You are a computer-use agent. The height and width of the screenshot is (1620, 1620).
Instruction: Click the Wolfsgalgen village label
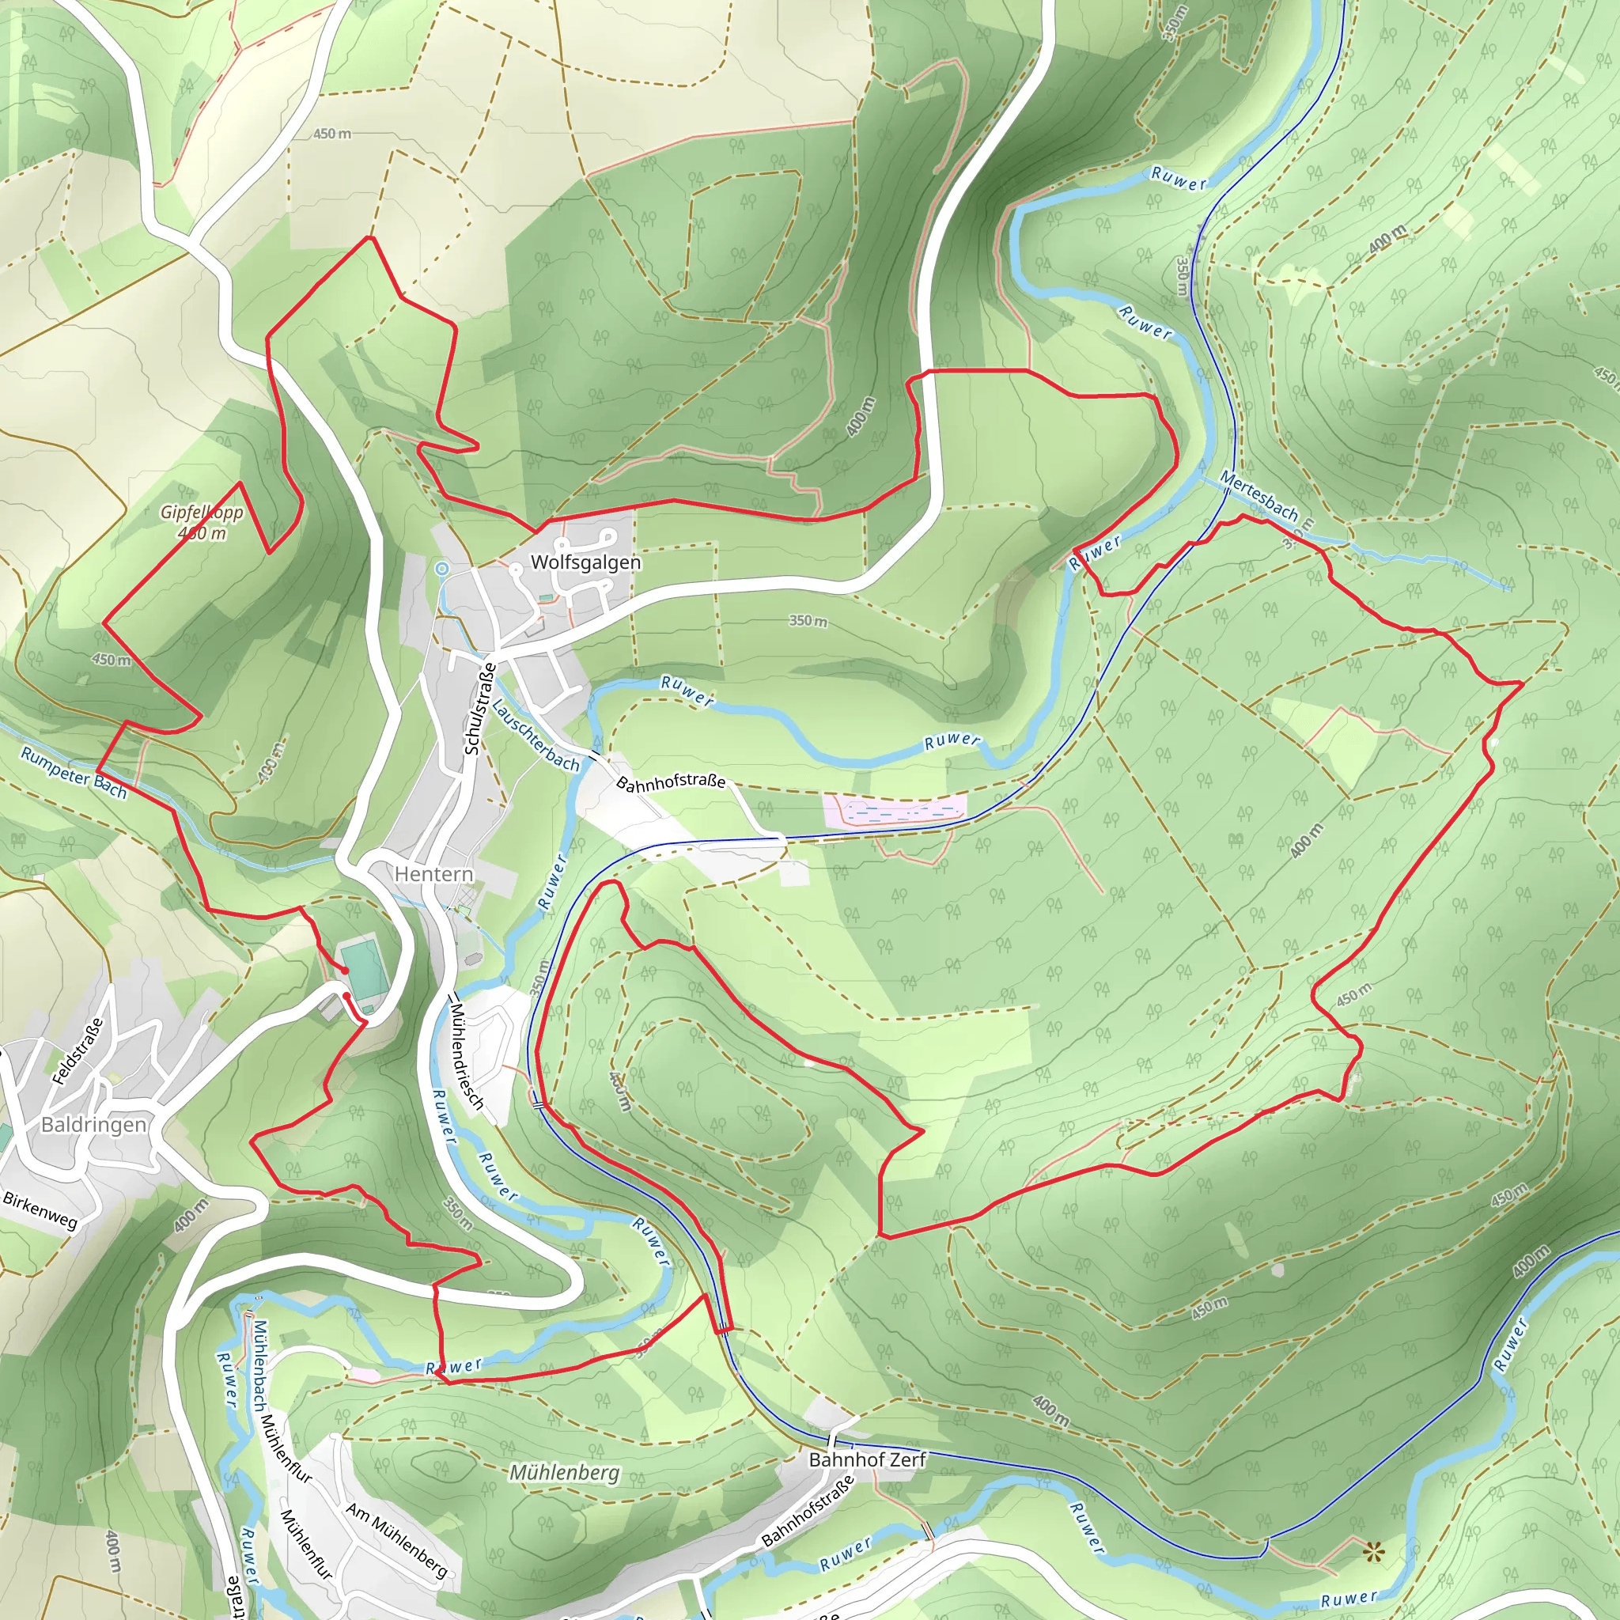pos(585,562)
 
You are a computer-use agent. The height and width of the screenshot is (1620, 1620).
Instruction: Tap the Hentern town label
pos(433,874)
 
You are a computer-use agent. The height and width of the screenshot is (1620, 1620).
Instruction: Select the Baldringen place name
pos(93,1125)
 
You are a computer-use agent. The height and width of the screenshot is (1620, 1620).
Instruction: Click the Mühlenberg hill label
pos(564,1472)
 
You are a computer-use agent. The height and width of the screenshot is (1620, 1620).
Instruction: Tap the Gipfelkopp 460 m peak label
pos(202,521)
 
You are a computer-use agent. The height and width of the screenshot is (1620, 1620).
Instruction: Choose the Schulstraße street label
pos(479,709)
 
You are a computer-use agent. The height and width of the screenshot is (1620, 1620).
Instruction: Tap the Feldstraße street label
pos(78,1051)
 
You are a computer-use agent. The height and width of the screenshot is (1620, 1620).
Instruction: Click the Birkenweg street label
pos(40,1210)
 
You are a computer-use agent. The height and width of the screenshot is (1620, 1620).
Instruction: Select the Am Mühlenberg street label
pos(397,1539)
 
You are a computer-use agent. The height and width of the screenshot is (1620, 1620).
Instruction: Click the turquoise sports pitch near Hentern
pos(364,972)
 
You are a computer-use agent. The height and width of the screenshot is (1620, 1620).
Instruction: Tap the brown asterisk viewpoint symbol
pos(1372,1553)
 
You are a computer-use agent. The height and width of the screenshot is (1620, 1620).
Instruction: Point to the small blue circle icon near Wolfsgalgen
pos(442,569)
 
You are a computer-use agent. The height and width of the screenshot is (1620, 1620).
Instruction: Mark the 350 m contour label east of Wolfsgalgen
pos(808,621)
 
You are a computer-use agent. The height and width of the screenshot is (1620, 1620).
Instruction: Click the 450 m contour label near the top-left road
pos(332,134)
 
